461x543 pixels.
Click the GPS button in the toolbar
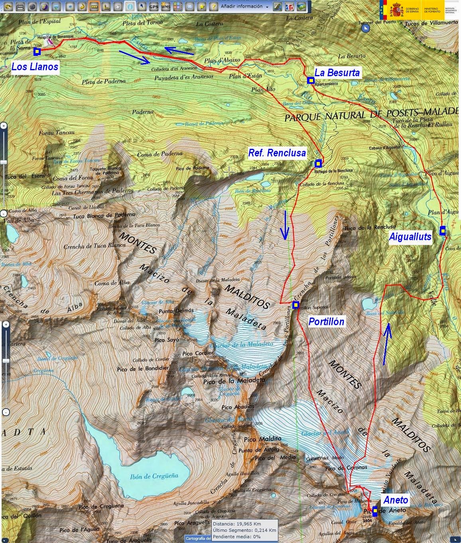(153, 6)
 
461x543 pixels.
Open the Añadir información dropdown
(244, 6)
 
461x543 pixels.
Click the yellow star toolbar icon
(202, 6)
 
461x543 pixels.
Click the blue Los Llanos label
(35, 66)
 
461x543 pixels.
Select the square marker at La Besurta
(310, 81)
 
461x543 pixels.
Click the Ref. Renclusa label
(277, 152)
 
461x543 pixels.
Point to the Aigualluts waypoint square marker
(443, 230)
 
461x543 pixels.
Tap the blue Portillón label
(326, 321)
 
